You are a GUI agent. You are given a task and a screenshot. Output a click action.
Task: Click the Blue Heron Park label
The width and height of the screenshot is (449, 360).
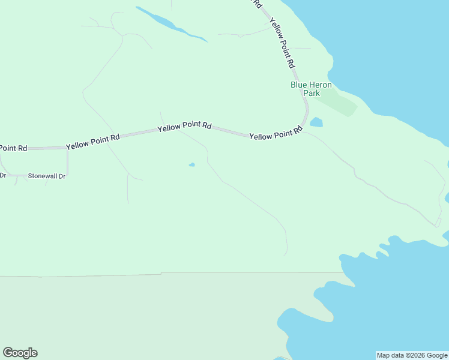pyautogui.click(x=311, y=89)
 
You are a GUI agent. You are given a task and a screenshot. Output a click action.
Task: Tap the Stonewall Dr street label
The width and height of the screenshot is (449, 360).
pyautogui.click(x=46, y=176)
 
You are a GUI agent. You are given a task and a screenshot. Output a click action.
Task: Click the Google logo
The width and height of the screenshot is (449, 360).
pyautogui.click(x=20, y=353)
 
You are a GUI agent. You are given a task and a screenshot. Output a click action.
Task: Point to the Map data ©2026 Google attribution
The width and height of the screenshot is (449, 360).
pyautogui.click(x=412, y=355)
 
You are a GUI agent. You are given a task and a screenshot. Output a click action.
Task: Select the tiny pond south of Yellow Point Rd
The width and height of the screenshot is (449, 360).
pyautogui.click(x=191, y=165)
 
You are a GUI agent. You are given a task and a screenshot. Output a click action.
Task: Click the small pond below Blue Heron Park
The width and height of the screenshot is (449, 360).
pyautogui.click(x=316, y=122)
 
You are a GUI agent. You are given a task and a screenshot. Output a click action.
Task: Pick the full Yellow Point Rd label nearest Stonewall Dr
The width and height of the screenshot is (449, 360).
pyautogui.click(x=92, y=142)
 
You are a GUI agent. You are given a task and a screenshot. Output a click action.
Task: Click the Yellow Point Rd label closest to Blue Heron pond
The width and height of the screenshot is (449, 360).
pyautogui.click(x=276, y=134)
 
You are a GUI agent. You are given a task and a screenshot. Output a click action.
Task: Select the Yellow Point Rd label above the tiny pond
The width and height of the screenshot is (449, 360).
pyautogui.click(x=184, y=127)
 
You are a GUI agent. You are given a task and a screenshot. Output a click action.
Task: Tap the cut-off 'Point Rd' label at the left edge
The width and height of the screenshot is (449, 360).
pyautogui.click(x=13, y=148)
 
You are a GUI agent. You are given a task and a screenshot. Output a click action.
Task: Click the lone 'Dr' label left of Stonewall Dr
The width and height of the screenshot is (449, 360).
pyautogui.click(x=2, y=176)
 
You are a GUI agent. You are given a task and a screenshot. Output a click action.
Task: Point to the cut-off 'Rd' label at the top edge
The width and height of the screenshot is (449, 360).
pyautogui.click(x=258, y=3)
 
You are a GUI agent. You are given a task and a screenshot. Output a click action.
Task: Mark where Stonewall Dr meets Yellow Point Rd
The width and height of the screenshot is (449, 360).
pyautogui.click(x=67, y=147)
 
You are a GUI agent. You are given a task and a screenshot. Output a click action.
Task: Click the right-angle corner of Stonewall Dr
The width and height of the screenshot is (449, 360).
pyautogui.click(x=67, y=175)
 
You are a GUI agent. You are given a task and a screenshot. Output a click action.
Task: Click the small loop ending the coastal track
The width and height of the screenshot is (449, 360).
pyautogui.click(x=438, y=223)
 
